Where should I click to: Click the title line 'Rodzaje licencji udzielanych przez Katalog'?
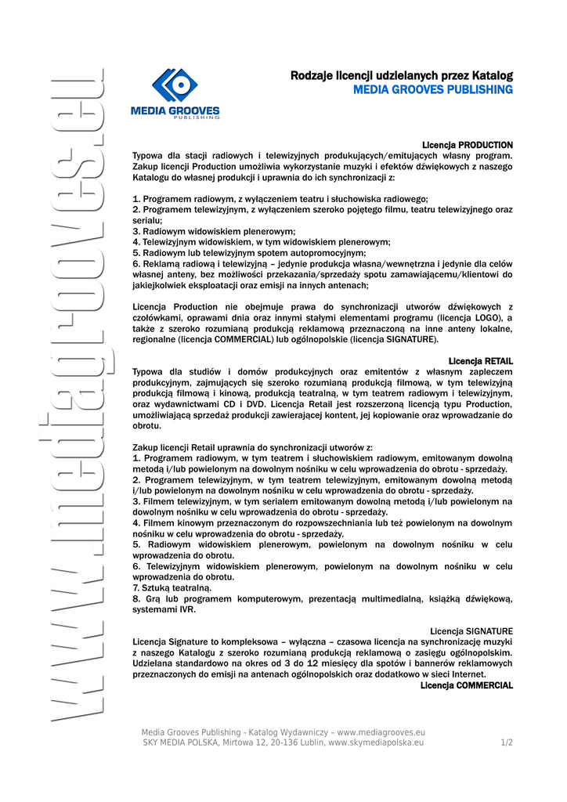tap(401, 76)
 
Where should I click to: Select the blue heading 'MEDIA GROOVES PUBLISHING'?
tap(432, 90)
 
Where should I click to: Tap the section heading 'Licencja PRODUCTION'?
tap(468, 145)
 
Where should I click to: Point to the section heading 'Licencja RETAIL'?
tap(481, 360)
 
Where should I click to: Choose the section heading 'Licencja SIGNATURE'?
tap(471, 630)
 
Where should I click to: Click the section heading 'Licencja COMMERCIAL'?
tap(467, 685)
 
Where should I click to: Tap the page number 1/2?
tap(507, 742)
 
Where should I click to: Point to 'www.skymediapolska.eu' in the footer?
tap(376, 742)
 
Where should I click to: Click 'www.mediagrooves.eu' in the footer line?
tap(381, 732)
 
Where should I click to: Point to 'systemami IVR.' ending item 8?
tap(164, 609)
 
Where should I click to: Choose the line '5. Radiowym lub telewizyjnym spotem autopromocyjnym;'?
tap(249, 254)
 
